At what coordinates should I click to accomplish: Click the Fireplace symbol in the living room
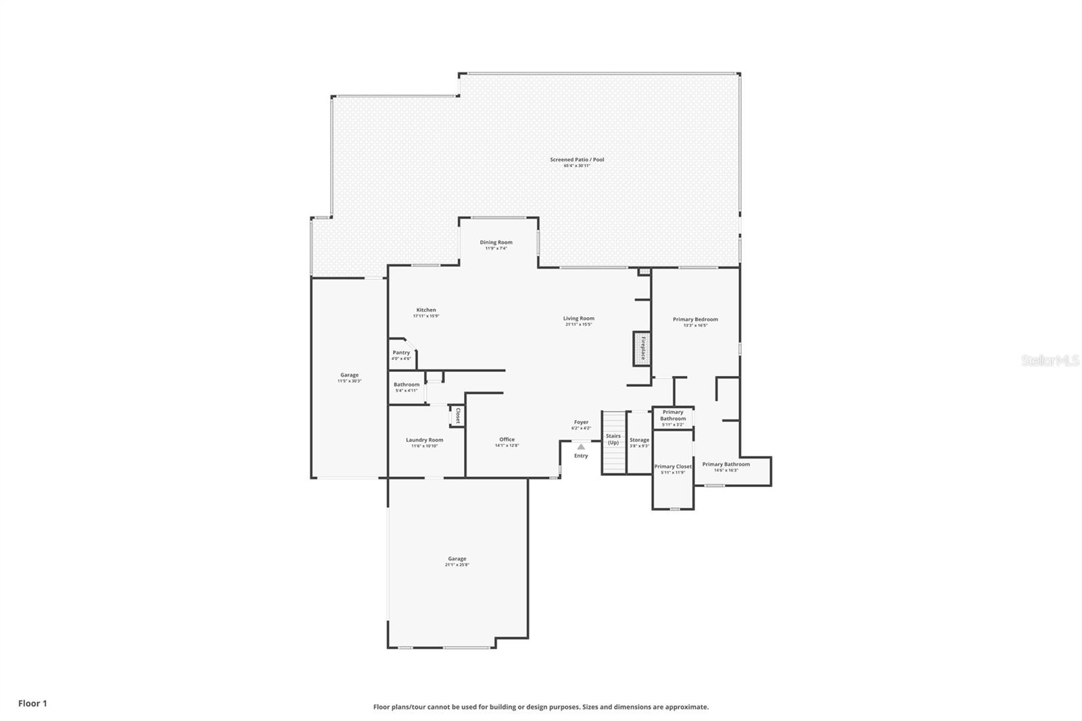click(641, 348)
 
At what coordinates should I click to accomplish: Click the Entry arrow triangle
click(581, 446)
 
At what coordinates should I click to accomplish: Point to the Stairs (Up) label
click(613, 439)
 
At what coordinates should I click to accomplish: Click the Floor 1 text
click(32, 703)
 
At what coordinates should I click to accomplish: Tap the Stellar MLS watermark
click(1050, 361)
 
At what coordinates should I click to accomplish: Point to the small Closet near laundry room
click(458, 415)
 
